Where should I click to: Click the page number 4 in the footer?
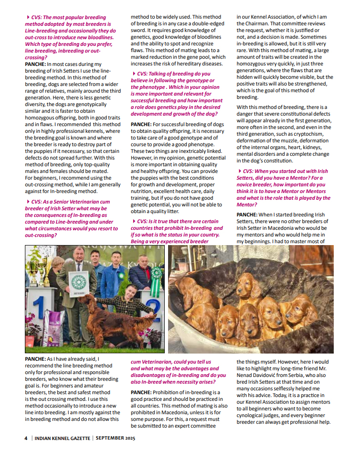(x=26, y=438)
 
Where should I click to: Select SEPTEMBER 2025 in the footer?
(x=115, y=438)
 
